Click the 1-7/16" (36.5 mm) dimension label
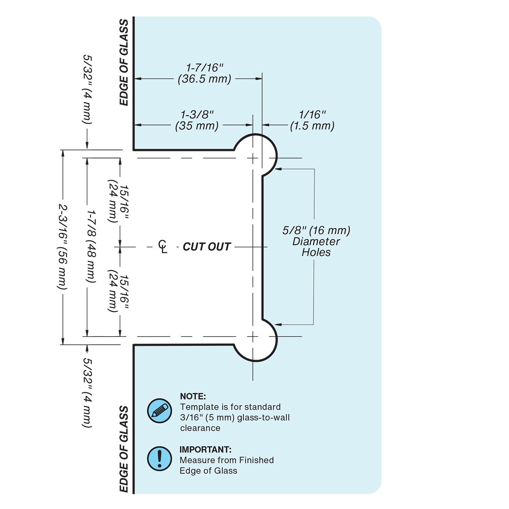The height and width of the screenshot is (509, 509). [205, 73]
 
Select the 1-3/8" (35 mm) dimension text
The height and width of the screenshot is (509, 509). [197, 120]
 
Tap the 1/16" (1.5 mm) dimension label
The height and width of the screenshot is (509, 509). [312, 120]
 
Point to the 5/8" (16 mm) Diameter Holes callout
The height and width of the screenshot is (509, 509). [316, 241]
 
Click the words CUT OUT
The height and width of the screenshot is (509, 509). [207, 247]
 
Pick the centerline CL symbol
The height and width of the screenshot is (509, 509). [163, 246]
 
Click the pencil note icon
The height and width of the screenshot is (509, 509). [159, 411]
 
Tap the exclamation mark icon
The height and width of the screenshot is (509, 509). [159, 458]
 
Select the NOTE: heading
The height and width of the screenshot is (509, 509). [193, 396]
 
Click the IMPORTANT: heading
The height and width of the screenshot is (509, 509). [205, 450]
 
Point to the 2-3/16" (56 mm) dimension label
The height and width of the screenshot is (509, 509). [63, 247]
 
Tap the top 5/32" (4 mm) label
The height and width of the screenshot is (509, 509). [88, 90]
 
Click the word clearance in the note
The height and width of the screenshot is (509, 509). [200, 428]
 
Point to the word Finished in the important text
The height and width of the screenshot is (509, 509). [251, 460]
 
